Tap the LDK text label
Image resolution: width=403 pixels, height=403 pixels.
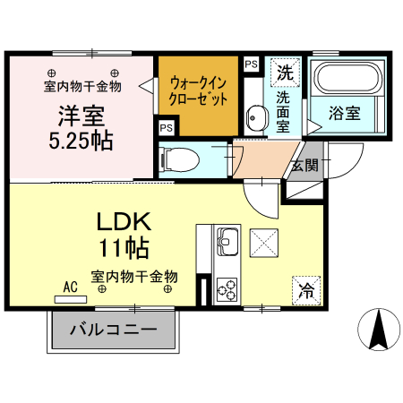coord(123,219)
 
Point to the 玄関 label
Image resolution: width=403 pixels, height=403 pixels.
coord(304,165)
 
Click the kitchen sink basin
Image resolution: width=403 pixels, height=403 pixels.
coord(226,240)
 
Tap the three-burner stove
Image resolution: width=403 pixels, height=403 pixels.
coord(227,289)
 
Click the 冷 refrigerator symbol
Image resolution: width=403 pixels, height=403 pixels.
coord(306,290)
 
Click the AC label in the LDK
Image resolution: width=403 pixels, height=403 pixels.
coord(71,287)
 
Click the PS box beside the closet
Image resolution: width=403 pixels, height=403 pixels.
coord(251,64)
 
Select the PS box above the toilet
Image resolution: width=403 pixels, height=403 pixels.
coord(166,127)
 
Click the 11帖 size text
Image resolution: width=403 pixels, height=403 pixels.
coord(124,246)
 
